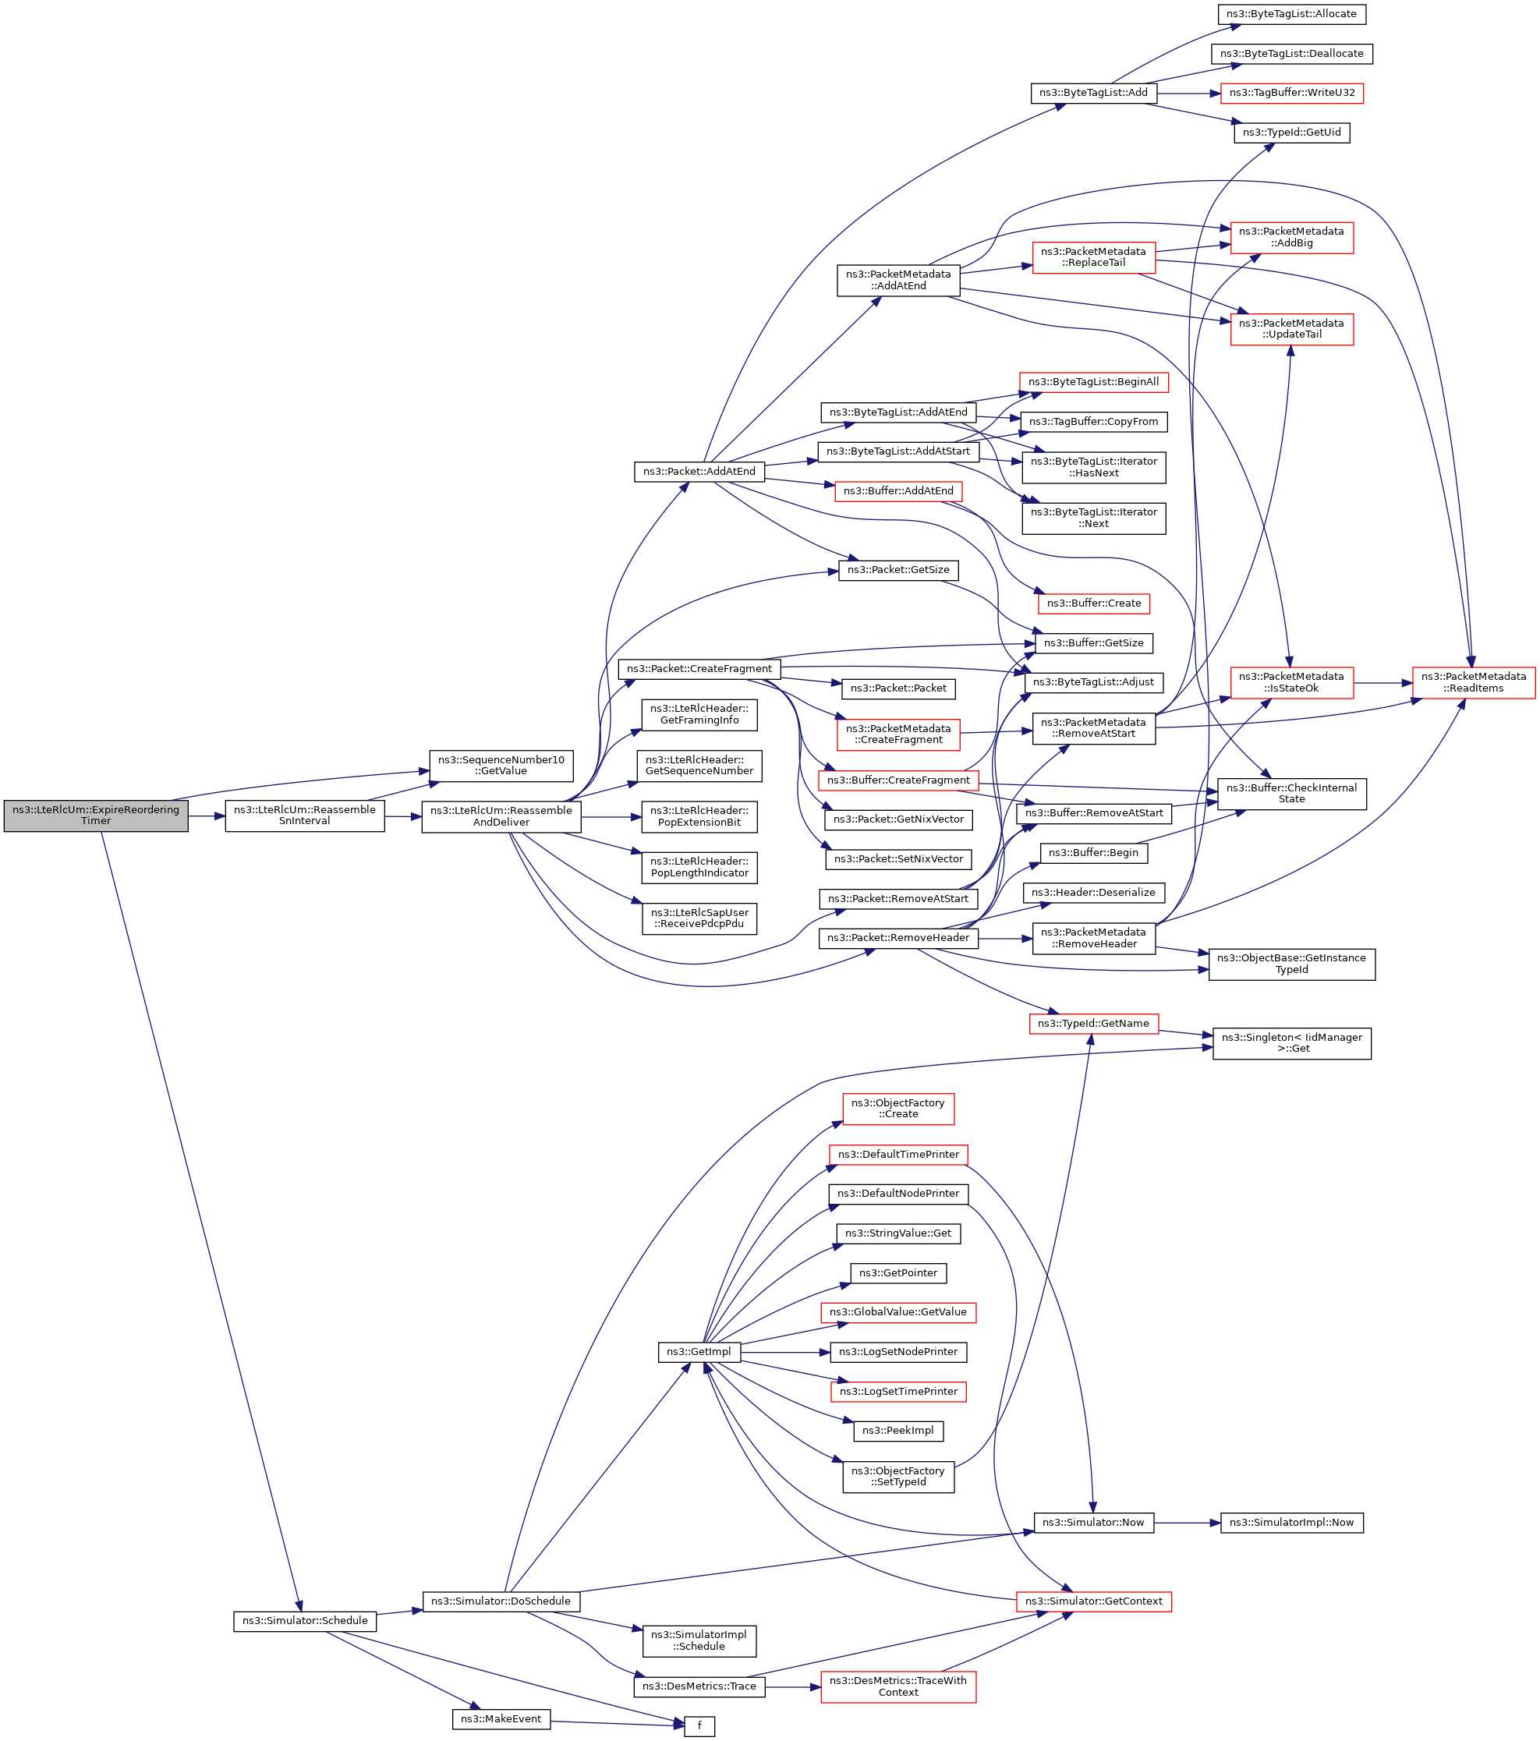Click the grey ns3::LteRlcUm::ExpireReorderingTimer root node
[x=95, y=815]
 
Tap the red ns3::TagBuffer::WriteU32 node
[x=1291, y=93]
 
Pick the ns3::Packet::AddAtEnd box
[x=699, y=471]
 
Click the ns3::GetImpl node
[x=699, y=1352]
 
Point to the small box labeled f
[x=699, y=1726]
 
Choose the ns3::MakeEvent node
[x=501, y=1719]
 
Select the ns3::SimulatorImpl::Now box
[x=1291, y=1522]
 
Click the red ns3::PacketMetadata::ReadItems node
[x=1474, y=682]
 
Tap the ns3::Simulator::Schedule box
[x=305, y=1621]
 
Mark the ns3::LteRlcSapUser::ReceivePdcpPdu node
[x=699, y=918]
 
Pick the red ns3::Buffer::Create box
[x=1094, y=603]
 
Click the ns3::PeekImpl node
[x=897, y=1431]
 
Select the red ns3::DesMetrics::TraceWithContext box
[x=897, y=1686]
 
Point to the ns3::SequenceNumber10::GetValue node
[x=501, y=765]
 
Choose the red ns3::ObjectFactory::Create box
[x=897, y=1108]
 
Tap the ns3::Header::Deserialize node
[x=1093, y=893]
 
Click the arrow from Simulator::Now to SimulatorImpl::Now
[x=1188, y=1522]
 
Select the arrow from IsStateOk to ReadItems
[x=1382, y=682]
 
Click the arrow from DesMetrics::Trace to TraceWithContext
[x=792, y=1686]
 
